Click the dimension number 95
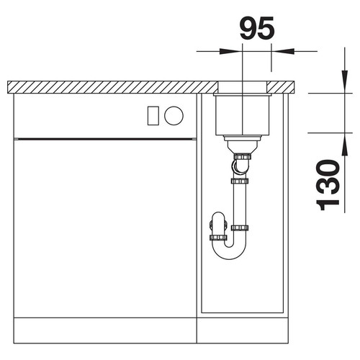[x=257, y=28]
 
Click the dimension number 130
[x=328, y=185]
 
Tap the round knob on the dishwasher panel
[x=174, y=115]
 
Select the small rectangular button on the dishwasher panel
[x=153, y=115]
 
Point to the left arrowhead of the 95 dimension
[x=230, y=51]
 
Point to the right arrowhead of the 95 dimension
[x=283, y=51]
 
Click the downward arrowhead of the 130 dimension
[x=345, y=82]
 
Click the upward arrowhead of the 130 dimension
[x=345, y=145]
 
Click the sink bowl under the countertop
[x=243, y=114]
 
